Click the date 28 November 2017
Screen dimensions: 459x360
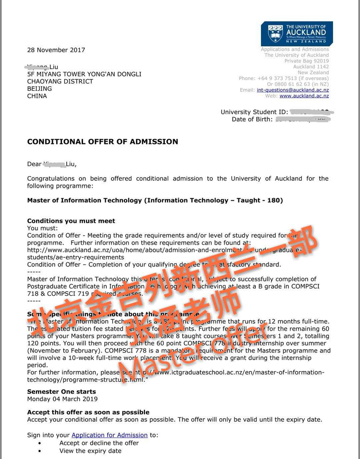56,50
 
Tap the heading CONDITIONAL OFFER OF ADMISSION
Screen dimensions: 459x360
102,142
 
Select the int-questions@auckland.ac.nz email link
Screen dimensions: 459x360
293,90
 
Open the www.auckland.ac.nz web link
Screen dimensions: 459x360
304,96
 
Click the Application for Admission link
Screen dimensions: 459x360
109,435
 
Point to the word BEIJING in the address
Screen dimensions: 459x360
39,88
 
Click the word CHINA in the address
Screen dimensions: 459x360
37,96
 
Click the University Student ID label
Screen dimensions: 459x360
254,112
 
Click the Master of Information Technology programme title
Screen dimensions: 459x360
155,200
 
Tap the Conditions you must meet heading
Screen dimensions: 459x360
71,221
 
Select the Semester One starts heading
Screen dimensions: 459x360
61,391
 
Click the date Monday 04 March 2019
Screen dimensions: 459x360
62,399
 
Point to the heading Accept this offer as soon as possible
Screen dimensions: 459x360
88,412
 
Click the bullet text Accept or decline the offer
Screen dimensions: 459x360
99,443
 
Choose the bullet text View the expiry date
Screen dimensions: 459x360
90,451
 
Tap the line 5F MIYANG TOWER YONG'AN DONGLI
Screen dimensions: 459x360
84,74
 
